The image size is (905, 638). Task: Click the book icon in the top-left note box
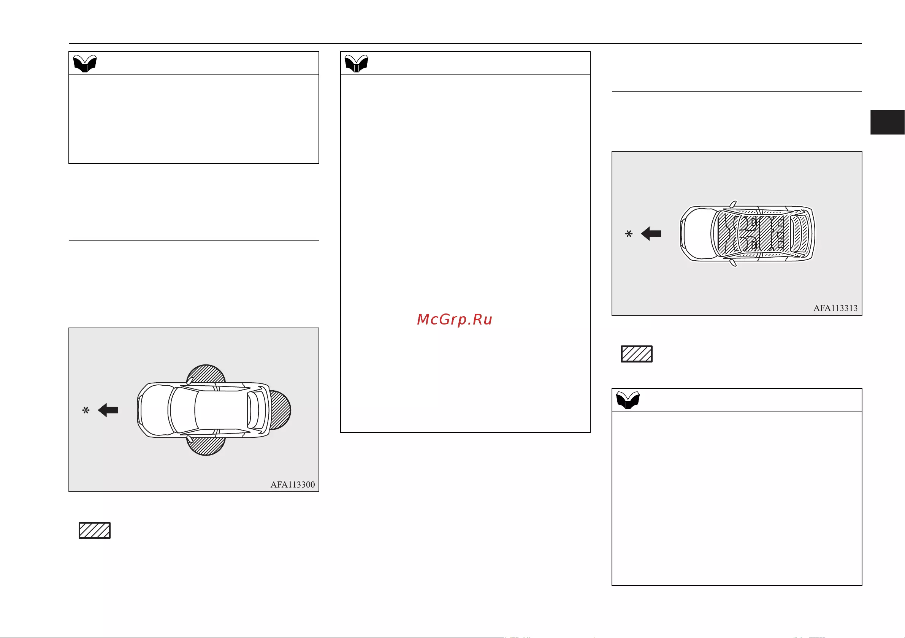point(85,63)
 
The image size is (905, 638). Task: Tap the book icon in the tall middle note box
point(356,63)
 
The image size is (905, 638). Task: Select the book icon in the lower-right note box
point(628,401)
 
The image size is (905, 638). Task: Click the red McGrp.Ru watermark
point(455,319)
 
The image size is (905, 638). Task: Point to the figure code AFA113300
point(292,485)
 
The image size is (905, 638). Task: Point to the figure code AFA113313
point(835,308)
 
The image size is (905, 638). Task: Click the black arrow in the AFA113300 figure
point(108,410)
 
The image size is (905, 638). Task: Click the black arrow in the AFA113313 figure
point(651,234)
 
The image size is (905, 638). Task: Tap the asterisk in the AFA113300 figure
point(86,411)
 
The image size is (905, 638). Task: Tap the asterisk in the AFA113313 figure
point(629,234)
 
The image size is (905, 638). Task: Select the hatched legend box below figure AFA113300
point(95,530)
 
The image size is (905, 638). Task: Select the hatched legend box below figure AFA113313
point(637,354)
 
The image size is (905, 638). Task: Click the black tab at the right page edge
point(887,122)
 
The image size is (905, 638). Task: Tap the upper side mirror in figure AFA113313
point(733,204)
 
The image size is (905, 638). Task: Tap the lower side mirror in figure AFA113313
point(733,263)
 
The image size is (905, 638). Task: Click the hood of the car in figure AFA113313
point(698,234)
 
